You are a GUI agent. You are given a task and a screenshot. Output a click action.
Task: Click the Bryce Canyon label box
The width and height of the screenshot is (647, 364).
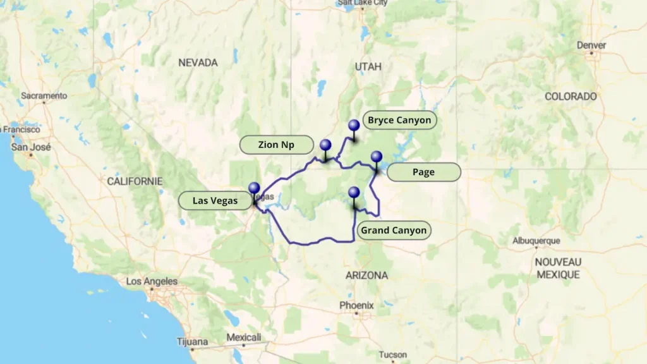pyautogui.click(x=399, y=120)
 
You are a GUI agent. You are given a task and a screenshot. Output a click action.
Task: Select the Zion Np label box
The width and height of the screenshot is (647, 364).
pyautogui.click(x=276, y=145)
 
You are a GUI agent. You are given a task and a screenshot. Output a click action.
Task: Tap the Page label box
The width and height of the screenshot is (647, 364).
pyautogui.click(x=423, y=172)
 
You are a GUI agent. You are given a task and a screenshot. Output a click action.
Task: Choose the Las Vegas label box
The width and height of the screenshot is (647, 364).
pyautogui.click(x=215, y=201)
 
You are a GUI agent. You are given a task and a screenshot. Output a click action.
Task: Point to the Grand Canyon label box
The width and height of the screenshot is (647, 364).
pyautogui.click(x=394, y=230)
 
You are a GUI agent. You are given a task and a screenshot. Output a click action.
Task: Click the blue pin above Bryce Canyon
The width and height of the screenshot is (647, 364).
pyautogui.click(x=354, y=126)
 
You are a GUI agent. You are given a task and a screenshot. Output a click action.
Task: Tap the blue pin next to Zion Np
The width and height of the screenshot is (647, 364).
pyautogui.click(x=325, y=145)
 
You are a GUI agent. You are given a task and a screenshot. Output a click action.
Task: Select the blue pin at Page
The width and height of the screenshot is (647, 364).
pyautogui.click(x=377, y=157)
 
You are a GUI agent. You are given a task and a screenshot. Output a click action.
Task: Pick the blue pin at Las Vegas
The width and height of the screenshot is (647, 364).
pyautogui.click(x=254, y=188)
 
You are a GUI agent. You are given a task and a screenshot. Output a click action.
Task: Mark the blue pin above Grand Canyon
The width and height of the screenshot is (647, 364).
pyautogui.click(x=354, y=193)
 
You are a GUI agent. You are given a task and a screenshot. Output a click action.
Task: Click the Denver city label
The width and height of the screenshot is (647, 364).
pyautogui.click(x=591, y=45)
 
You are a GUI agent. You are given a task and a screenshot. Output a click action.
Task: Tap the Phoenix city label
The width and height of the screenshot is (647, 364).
pyautogui.click(x=356, y=305)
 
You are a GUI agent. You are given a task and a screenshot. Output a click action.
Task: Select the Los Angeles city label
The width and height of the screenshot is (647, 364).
pyautogui.click(x=152, y=281)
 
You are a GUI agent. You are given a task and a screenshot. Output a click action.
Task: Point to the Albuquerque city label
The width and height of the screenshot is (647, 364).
pyautogui.click(x=536, y=241)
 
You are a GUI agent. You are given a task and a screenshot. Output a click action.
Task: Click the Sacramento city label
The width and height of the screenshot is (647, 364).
pyautogui.click(x=44, y=95)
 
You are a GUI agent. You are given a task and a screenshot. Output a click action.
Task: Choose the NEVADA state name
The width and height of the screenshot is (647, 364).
pyautogui.click(x=198, y=63)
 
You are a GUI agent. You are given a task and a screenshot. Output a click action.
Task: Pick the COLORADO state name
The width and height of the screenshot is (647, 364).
pyautogui.click(x=571, y=97)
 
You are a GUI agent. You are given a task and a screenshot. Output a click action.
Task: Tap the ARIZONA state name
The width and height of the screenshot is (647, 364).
pyautogui.click(x=366, y=276)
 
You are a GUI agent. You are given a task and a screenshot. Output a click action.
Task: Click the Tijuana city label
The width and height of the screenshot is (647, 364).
pyautogui.click(x=192, y=342)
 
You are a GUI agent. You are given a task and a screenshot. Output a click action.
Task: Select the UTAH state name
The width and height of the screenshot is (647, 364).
pyautogui.click(x=368, y=66)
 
